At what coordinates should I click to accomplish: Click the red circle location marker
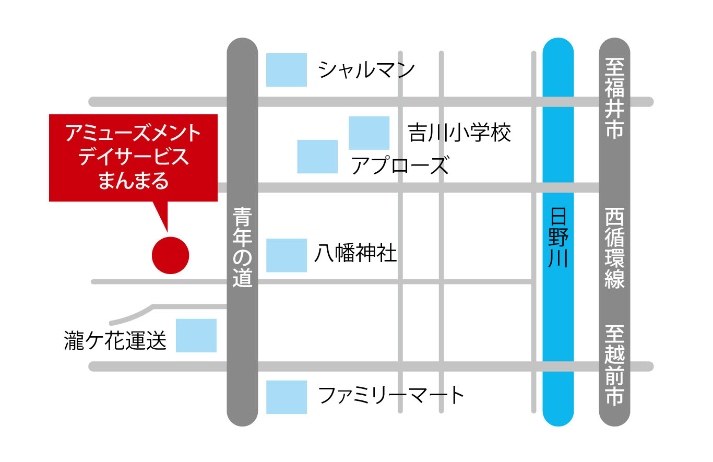tap(170, 255)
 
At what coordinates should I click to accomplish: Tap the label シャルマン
tap(367, 70)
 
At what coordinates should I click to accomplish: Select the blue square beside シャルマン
tap(287, 70)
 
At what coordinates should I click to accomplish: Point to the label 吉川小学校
tap(459, 133)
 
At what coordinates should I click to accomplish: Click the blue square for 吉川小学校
tap(369, 133)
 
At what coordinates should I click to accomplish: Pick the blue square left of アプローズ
tap(317, 157)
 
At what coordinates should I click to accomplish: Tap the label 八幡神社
tap(355, 254)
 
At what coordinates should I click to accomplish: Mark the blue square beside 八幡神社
tap(287, 255)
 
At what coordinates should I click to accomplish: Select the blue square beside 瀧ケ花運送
tap(196, 336)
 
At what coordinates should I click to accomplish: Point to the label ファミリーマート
tap(391, 395)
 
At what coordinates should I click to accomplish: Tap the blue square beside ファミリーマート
tap(287, 397)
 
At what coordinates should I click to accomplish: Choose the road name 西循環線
tap(615, 248)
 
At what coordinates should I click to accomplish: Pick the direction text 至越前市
tap(615, 365)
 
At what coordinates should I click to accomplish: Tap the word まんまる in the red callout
tap(134, 181)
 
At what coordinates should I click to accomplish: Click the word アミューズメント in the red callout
tap(133, 134)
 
